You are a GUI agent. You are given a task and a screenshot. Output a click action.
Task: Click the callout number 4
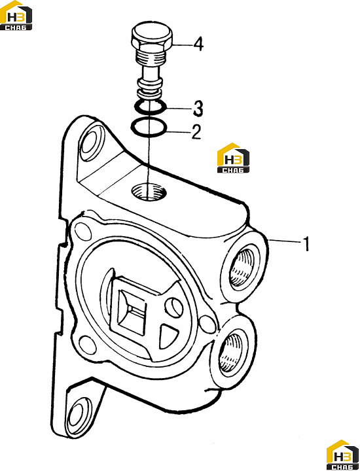198,44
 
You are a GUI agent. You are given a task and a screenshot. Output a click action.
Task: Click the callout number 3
198,109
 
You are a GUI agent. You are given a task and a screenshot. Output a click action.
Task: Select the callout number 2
196,132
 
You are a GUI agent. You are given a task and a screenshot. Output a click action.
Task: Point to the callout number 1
306,244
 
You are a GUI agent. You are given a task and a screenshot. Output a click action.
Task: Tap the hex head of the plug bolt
152,37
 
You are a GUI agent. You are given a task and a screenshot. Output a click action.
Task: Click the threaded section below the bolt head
151,56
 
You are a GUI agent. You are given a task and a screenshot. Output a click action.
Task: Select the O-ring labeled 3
150,107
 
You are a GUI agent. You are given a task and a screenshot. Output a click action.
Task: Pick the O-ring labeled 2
149,128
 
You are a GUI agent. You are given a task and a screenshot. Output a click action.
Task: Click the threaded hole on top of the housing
149,192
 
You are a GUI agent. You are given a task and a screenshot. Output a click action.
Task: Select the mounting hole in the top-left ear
91,141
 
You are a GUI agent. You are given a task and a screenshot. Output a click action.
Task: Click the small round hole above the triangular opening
174,306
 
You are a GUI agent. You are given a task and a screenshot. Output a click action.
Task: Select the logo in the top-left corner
16,15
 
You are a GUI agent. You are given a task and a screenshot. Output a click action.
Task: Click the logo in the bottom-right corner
343,455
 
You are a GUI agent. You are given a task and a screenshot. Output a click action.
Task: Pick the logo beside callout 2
233,158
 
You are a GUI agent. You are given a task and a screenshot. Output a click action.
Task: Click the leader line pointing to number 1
285,241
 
